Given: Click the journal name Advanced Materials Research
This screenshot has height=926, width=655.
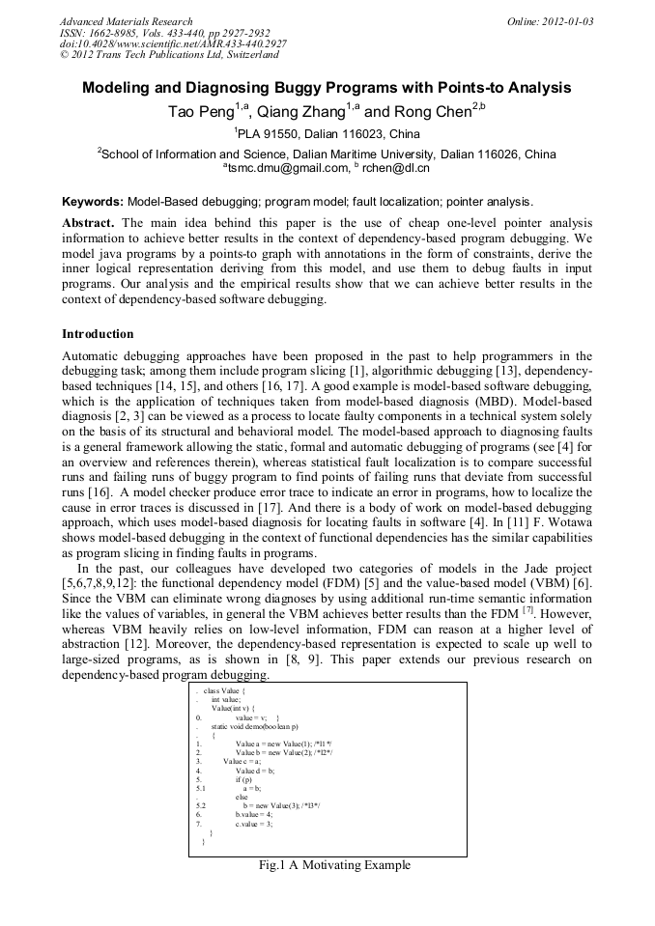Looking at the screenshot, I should (x=126, y=21).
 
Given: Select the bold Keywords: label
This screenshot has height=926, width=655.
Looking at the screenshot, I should (x=92, y=202).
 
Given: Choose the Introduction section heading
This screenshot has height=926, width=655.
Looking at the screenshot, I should (x=98, y=334).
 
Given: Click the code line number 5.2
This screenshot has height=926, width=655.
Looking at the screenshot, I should (x=200, y=804).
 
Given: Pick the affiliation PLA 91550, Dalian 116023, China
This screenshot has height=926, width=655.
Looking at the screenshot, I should (x=327, y=134).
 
